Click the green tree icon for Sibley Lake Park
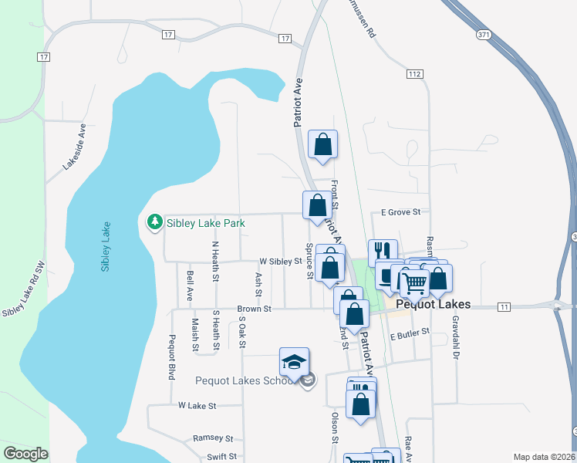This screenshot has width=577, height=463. pos(154,222)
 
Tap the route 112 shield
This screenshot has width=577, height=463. pos(415,73)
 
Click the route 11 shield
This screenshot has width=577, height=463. pos(504,307)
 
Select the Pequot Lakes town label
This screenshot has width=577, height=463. pos(433,305)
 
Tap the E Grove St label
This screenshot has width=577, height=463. pos(400,211)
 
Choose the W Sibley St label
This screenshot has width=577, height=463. pos(279,262)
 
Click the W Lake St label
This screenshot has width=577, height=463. pos(198,404)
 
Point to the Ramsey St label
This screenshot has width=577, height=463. pos(212,437)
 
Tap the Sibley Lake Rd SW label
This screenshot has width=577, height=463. pos(25,296)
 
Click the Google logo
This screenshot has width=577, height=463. pos(25,454)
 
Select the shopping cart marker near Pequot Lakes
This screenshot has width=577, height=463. pos(414,282)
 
